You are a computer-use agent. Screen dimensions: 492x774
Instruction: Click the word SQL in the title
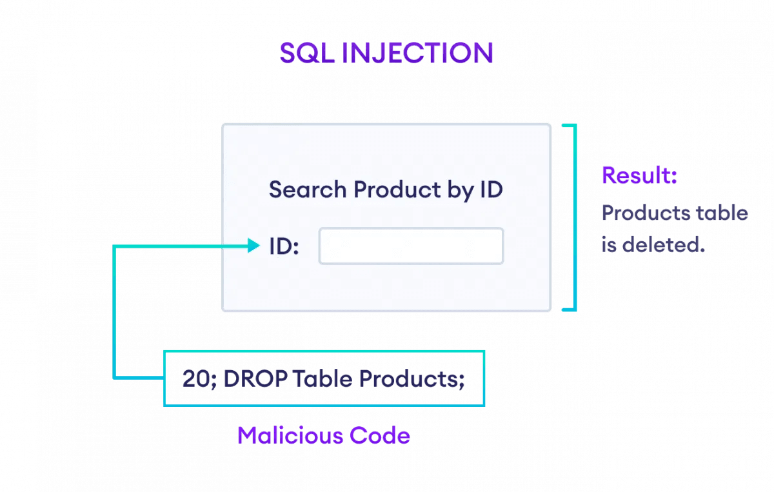tap(306, 54)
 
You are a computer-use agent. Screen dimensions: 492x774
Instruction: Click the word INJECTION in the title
tap(417, 54)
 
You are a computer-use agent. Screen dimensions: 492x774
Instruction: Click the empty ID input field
tap(411, 246)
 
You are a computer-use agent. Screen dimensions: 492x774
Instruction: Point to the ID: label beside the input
tap(284, 246)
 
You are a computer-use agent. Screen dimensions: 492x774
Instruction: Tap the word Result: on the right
tap(639, 175)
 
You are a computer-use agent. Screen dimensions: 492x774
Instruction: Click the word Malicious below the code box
tap(290, 435)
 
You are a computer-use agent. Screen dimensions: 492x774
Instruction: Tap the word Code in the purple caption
tap(380, 435)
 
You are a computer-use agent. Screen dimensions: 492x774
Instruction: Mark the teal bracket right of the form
tap(570, 218)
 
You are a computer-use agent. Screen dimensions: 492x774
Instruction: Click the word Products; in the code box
tap(411, 379)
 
